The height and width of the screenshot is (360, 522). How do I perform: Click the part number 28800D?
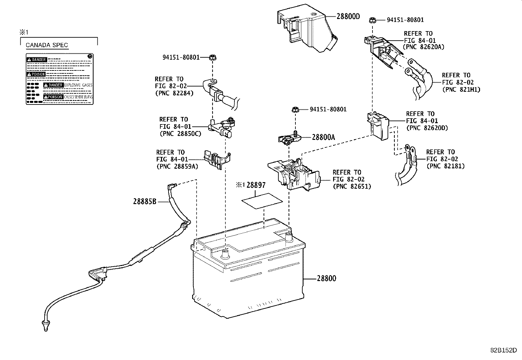(348, 16)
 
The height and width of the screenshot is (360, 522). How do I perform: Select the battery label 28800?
(326, 278)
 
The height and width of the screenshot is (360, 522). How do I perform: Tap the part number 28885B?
(145, 201)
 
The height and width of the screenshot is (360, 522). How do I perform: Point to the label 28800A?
(323, 138)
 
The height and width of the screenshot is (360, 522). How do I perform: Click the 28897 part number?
(256, 185)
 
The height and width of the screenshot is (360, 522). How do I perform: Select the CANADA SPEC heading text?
(47, 45)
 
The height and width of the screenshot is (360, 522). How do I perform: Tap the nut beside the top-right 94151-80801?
(372, 20)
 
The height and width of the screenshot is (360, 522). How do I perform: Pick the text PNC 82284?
(174, 93)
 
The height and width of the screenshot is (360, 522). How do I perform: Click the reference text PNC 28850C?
(181, 134)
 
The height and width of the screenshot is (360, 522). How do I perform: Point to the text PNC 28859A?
(177, 166)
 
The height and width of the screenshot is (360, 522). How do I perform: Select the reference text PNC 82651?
(352, 187)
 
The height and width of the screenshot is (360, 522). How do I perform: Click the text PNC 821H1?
(461, 89)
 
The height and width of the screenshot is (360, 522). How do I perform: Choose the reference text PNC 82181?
(446, 166)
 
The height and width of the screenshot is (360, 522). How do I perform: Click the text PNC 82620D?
(427, 128)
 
